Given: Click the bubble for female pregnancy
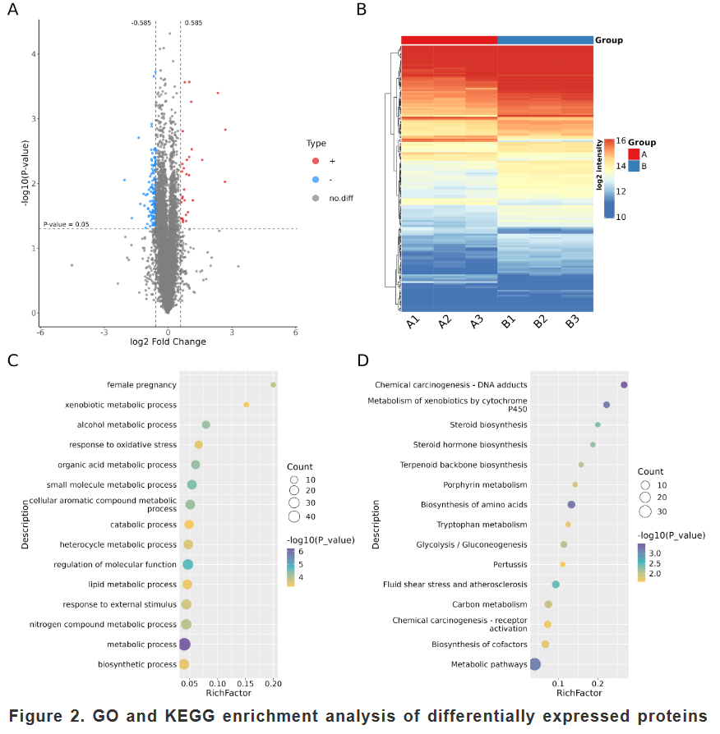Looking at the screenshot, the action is point(273,385).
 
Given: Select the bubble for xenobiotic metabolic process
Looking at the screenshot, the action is point(246,405).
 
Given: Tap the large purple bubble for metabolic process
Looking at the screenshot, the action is point(185,645).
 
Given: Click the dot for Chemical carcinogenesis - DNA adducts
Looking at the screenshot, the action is point(624,385).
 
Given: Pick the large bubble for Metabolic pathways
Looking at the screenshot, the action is point(535,663).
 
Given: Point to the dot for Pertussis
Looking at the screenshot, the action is point(562,565).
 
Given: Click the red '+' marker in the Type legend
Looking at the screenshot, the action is point(316,161).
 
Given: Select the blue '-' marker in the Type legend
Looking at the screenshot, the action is point(316,180).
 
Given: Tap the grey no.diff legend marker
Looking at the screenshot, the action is point(316,198).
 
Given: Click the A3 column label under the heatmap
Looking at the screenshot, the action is point(476,322).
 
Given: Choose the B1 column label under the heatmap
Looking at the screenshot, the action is point(508,322).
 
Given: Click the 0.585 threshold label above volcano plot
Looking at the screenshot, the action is point(194,22).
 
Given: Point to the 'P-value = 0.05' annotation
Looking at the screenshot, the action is point(66,224).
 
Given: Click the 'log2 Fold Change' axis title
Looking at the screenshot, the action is point(168,342).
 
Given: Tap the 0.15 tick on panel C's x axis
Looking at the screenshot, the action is point(245,683).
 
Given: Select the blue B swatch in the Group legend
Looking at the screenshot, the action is point(634,166).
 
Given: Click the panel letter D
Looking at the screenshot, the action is point(362,360).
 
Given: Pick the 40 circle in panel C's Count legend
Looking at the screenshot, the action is point(294,516).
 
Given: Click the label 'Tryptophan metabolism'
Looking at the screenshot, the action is point(482,525).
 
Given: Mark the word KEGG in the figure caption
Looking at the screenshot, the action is point(190,716).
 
